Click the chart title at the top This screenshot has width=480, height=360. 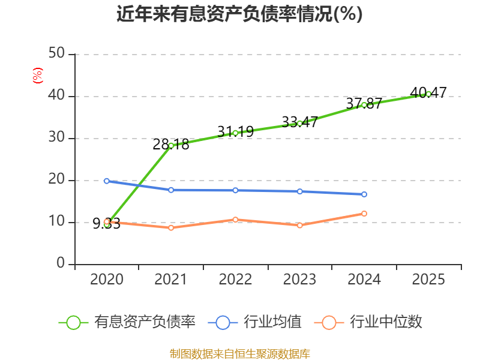coord(239,14)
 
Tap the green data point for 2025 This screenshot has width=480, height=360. coord(428,94)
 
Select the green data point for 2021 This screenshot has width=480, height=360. coord(171,146)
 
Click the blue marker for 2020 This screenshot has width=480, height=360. coord(107,181)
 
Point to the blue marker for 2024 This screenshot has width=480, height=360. coord(364,194)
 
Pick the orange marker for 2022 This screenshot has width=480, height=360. coord(235,220)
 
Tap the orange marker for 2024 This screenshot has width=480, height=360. coord(364,214)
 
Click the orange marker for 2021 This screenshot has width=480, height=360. coord(171,228)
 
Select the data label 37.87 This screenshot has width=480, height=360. coord(364,103)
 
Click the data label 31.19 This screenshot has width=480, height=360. coord(235,131)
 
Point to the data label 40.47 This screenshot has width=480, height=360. coord(428,92)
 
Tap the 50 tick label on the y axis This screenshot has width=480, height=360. coord(56,53)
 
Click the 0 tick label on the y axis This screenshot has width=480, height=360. coord(61,263)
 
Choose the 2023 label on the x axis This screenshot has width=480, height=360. coord(299,279)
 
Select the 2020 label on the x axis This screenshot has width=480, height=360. coord(107,279)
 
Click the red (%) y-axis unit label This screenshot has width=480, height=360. coord(38,76)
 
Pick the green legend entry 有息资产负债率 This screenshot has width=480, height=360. coord(127,322)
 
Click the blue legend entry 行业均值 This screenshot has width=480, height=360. coord(254,322)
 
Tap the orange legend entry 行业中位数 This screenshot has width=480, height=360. coord(368,322)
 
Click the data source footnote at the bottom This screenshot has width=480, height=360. coord(240,354)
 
